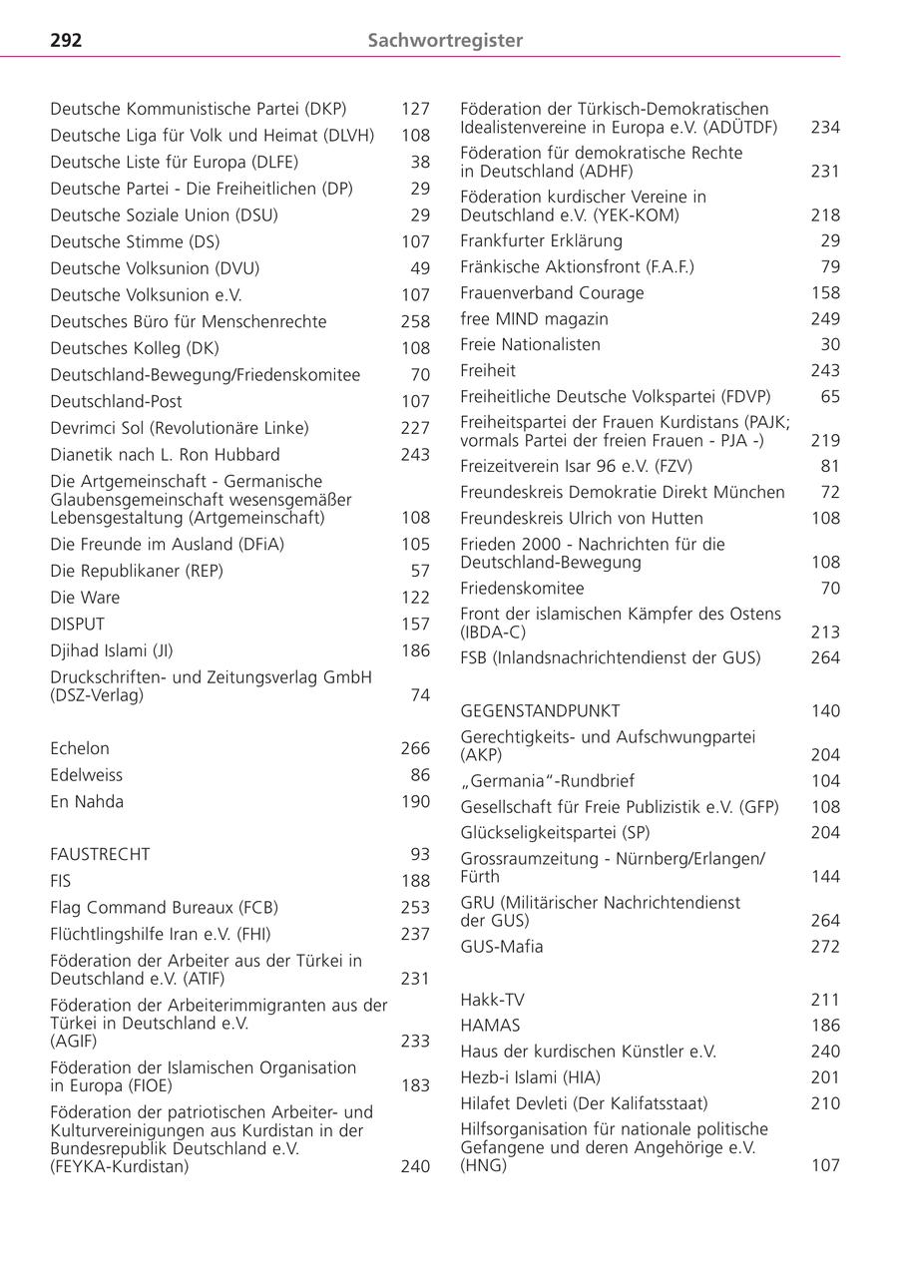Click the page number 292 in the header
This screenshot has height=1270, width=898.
coord(66,41)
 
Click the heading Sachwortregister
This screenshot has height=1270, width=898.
coord(445,41)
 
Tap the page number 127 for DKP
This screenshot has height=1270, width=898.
coord(415,109)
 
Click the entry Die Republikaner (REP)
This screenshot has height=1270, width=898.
coord(137,571)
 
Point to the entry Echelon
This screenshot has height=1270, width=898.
coord(80,748)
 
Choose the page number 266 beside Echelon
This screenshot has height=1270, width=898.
coord(415,748)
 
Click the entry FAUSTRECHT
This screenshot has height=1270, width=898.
coord(100,854)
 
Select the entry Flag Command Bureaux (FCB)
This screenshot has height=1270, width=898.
coord(165,908)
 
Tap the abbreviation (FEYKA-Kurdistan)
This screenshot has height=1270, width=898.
coord(120,1166)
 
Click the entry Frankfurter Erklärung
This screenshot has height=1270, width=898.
coord(541,240)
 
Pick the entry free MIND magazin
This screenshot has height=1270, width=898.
coord(534,319)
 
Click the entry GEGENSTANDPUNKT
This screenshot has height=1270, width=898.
coord(540,711)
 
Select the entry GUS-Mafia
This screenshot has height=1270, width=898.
coord(502,947)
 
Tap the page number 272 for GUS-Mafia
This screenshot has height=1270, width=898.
coord(825,947)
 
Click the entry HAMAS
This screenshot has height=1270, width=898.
coord(490,1026)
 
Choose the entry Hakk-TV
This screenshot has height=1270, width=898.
coord(492,1000)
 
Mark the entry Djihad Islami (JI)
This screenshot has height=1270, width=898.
coord(112,650)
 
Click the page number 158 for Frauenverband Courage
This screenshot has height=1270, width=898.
coord(825,293)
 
